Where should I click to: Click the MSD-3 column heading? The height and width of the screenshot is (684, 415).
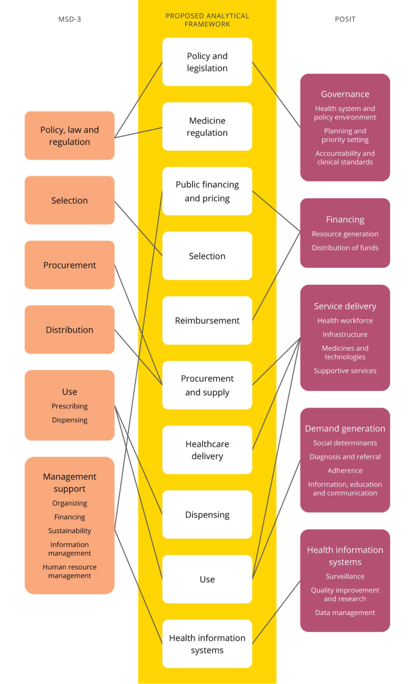[69, 19]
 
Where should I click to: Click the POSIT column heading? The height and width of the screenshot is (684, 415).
[345, 19]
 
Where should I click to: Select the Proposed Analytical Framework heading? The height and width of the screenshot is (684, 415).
[207, 20]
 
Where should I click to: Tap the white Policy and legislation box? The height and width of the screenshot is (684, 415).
[207, 62]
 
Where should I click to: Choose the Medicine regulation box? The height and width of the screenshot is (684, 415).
[207, 127]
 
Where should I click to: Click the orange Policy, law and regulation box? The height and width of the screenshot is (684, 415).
[70, 136]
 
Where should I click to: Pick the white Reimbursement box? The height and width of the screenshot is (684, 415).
[207, 320]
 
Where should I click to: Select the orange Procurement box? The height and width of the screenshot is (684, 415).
[70, 265]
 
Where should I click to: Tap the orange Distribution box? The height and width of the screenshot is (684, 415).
[70, 330]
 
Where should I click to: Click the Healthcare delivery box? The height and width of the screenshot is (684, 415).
[207, 450]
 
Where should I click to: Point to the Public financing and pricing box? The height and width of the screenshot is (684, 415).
[207, 191]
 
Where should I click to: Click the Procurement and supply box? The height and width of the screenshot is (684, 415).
[207, 385]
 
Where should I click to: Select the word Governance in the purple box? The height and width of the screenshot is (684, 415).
[345, 94]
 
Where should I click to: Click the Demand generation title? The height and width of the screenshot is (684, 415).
[345, 428]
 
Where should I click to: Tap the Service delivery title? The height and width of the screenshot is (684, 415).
[345, 306]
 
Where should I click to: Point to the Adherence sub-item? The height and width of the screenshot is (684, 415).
[345, 471]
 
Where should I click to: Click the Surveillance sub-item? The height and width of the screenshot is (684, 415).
[345, 576]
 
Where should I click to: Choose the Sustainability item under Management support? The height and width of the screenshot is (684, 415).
[70, 531]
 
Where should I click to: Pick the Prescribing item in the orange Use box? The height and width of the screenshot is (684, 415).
[70, 406]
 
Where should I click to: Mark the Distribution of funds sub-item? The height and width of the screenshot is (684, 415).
[345, 248]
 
